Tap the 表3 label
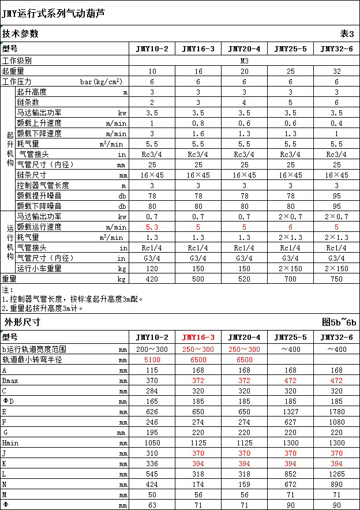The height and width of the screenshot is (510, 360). (347, 33)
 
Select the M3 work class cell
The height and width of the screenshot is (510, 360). (244, 60)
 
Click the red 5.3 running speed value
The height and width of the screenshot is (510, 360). (152, 227)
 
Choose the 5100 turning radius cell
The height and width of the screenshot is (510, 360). (152, 359)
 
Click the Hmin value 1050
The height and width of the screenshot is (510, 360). (152, 443)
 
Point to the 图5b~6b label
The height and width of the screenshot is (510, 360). (339, 322)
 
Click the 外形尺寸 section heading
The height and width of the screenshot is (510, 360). (22, 322)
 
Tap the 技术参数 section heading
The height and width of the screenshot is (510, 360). (20, 33)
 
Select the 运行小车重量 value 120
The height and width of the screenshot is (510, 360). (152, 268)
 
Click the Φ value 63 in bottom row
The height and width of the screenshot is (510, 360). (152, 505)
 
